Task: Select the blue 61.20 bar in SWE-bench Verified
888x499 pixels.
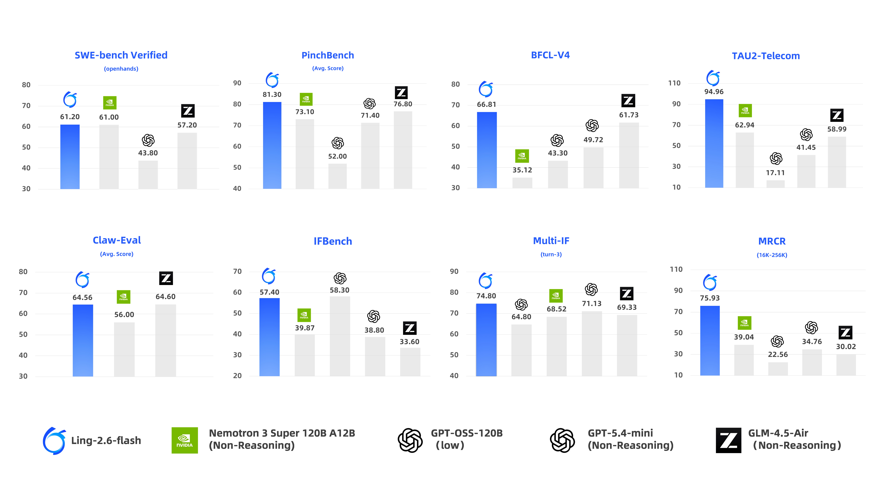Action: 70,157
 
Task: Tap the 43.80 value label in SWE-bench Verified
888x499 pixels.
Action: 148,153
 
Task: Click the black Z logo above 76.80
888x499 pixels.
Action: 401,93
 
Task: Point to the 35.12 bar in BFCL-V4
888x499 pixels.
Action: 522,183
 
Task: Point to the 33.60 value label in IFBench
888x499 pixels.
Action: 410,342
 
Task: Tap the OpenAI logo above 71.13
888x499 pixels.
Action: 591,290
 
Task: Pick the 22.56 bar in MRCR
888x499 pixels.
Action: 778,369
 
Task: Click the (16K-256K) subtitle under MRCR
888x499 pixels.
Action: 772,255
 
